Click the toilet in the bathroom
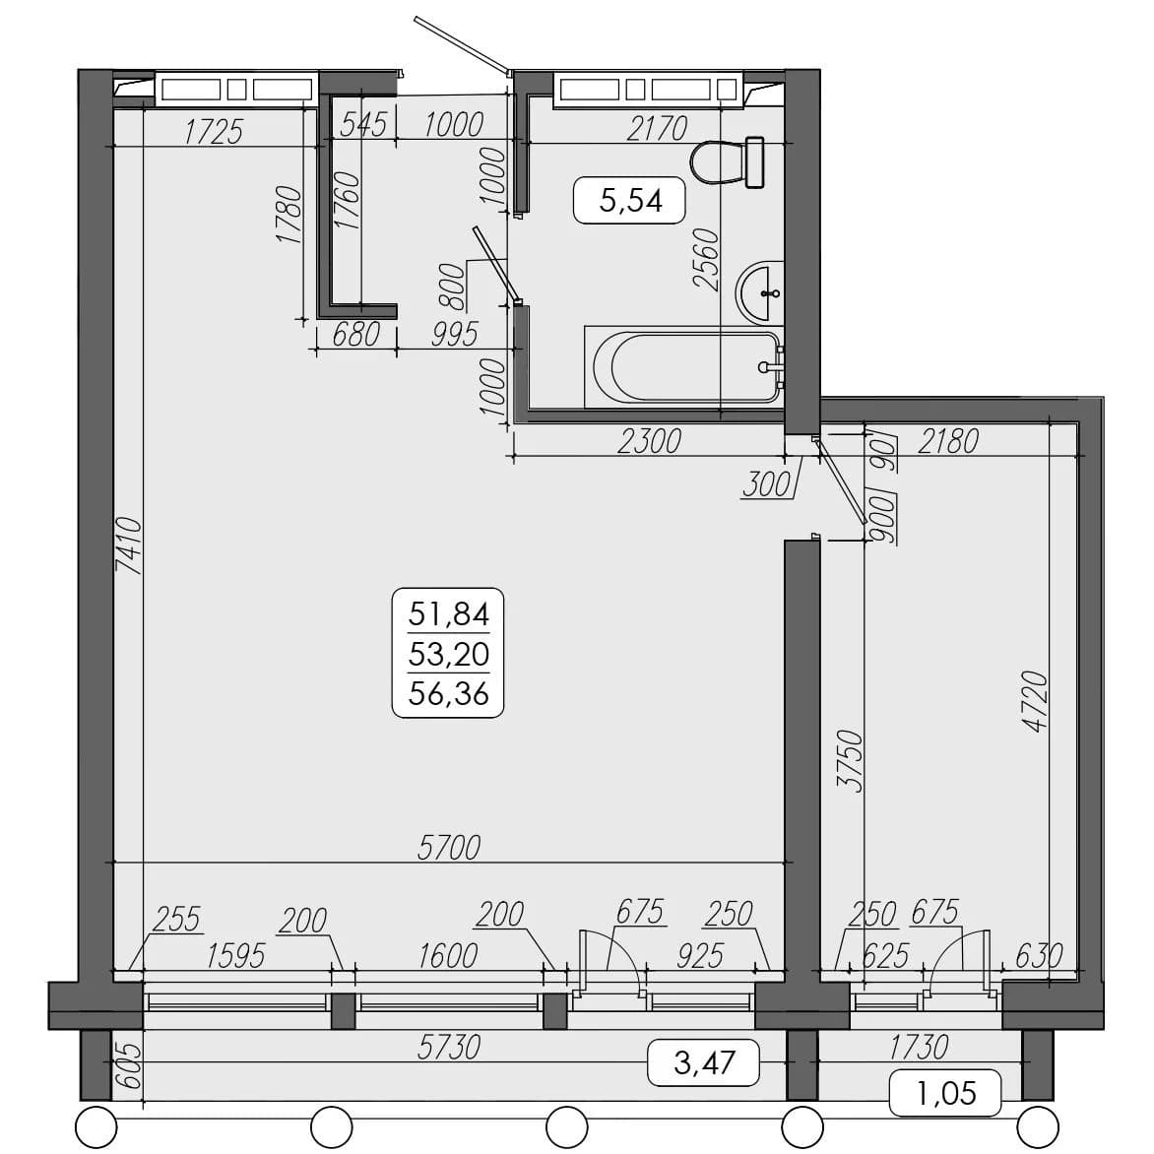728,161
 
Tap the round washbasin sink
759,292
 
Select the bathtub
684,367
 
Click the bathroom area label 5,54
631,200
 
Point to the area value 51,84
449,613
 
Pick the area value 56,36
449,693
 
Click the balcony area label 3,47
704,1062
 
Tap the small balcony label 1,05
946,1094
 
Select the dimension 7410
129,545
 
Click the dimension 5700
449,847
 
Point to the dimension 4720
1035,701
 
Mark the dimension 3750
850,760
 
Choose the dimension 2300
650,441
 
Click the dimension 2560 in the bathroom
706,259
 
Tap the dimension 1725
214,132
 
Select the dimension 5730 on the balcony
449,1047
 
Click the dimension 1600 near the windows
448,956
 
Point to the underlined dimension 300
766,485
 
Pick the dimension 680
356,335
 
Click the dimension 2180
948,441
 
